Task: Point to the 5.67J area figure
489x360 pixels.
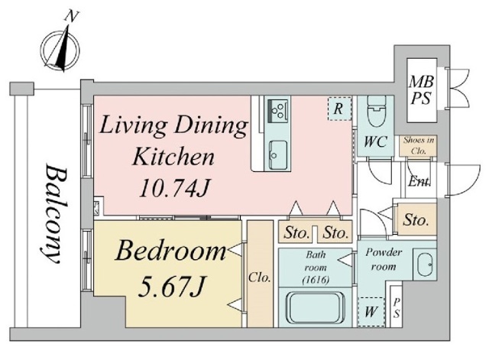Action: point(171,287)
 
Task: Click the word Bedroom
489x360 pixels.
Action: point(170,251)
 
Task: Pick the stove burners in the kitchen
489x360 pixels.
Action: point(277,111)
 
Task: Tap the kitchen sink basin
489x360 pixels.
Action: point(277,155)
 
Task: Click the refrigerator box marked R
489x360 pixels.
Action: point(339,109)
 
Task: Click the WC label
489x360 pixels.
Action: point(375,142)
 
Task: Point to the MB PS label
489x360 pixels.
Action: point(421,90)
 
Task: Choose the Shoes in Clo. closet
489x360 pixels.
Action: point(419,146)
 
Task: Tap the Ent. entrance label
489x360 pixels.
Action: point(419,181)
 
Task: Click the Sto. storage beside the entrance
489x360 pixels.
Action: point(416,219)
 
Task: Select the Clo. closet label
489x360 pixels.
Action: point(259,277)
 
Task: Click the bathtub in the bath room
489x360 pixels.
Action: point(316,308)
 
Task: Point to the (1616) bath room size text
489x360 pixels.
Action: point(316,281)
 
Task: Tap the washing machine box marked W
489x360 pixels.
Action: point(371,312)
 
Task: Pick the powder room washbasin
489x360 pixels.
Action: point(425,265)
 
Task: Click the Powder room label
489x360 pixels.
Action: point(384,259)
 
